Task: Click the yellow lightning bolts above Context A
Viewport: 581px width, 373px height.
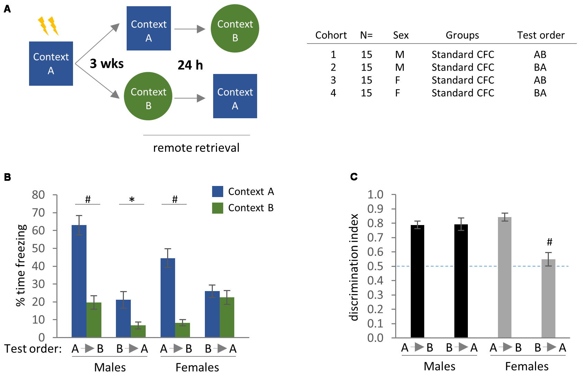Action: pos(48,26)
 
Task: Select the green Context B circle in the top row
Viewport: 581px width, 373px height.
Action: pos(235,29)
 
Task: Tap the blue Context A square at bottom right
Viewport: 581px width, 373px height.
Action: pos(235,96)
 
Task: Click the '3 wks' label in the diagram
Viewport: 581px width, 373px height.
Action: pos(107,64)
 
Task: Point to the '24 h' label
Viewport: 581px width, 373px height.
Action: pos(190,65)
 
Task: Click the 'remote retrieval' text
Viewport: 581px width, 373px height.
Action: pos(196,148)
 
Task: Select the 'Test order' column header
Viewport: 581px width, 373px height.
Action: pos(541,35)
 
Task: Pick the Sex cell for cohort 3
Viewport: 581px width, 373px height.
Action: pos(398,80)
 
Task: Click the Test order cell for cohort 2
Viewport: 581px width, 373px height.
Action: pos(540,67)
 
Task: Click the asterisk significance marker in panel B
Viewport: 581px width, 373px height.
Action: pos(132,199)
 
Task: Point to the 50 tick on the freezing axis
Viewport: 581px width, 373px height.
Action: pos(38,248)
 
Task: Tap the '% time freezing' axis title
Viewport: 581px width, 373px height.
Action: pos(21,265)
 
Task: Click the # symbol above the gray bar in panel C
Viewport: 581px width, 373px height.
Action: pos(550,242)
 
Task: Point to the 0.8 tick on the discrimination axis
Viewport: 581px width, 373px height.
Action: pos(375,223)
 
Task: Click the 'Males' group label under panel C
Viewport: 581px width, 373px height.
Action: pos(439,366)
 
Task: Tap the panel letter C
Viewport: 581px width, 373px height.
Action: pos(354,177)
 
